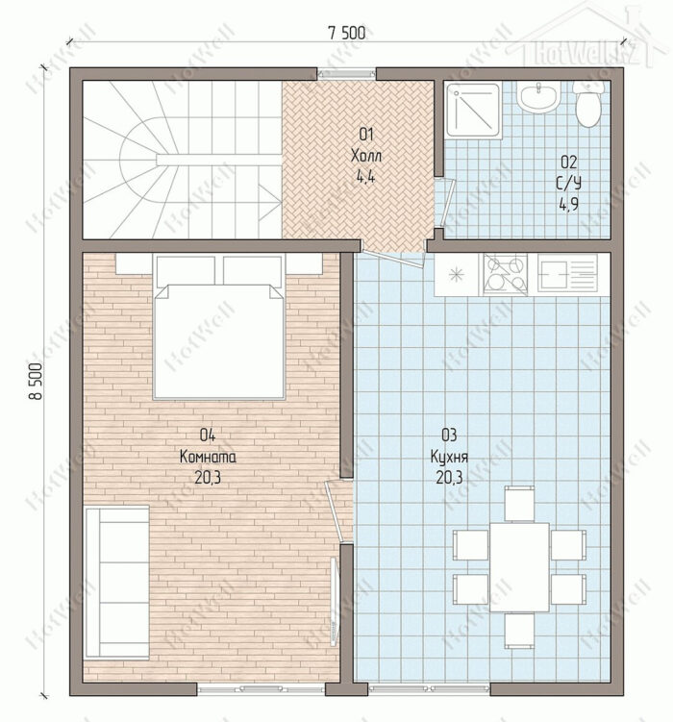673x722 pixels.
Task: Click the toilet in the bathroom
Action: click(x=587, y=104)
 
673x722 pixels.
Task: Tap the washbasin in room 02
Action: click(x=537, y=98)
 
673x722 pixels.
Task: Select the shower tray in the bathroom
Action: click(x=474, y=110)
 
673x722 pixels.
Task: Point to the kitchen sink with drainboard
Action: click(x=568, y=273)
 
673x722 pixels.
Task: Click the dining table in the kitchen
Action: click(x=519, y=567)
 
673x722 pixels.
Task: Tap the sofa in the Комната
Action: click(x=117, y=582)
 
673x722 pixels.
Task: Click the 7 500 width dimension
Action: click(x=347, y=33)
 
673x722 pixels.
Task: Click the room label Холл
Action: click(x=366, y=155)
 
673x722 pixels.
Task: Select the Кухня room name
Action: click(x=449, y=457)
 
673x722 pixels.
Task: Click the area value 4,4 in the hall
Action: click(x=365, y=176)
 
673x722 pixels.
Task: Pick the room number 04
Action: click(x=208, y=435)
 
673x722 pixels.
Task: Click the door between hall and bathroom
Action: click(x=445, y=203)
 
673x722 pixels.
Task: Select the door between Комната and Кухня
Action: click(x=338, y=510)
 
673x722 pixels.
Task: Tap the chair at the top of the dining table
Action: click(x=519, y=504)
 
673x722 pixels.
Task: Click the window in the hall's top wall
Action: click(x=347, y=73)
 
